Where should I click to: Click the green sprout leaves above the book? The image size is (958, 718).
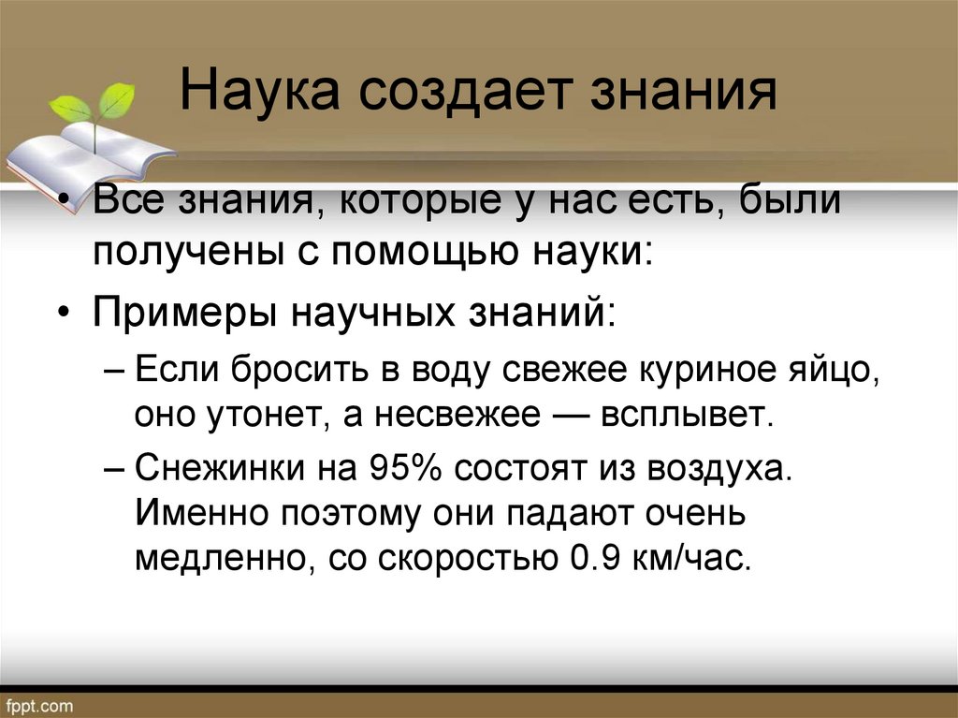pyautogui.click(x=94, y=104)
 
